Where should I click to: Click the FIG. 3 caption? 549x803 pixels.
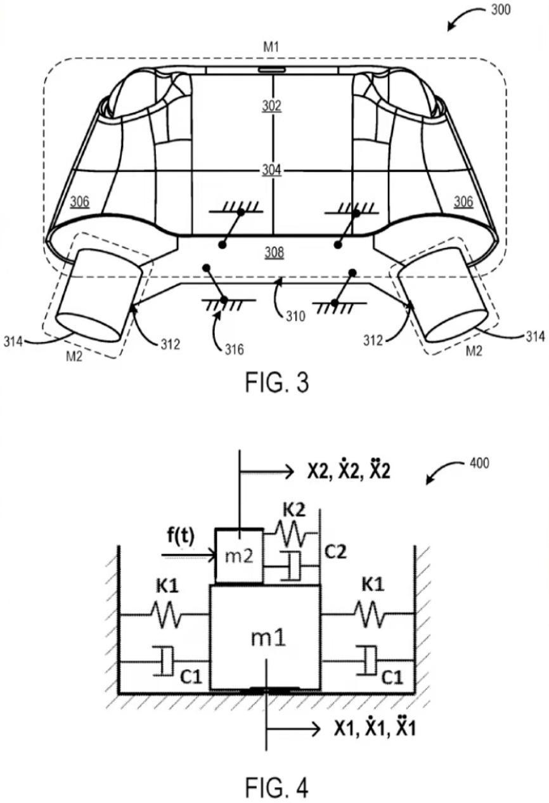[x=276, y=382]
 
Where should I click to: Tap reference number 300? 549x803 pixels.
[x=500, y=10]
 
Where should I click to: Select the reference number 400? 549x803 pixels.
[x=479, y=463]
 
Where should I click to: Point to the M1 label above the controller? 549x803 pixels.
[x=271, y=47]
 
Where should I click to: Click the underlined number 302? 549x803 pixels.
[x=271, y=106]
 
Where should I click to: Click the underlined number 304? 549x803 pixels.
[x=271, y=170]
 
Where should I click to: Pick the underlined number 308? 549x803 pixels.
[x=274, y=252]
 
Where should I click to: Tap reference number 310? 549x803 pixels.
[x=295, y=316]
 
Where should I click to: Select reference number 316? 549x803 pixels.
[x=235, y=349]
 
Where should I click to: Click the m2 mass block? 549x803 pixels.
[x=239, y=556]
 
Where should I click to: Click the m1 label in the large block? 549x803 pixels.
[x=268, y=638]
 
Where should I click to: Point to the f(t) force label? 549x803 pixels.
[x=181, y=537]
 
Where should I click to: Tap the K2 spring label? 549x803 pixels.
[x=294, y=509]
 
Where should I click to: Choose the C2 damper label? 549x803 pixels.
[x=335, y=552]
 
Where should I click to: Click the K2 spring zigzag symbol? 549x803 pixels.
[x=290, y=533]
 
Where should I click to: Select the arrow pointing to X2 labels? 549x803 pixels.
[x=267, y=471]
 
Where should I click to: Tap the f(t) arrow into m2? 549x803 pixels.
[x=188, y=556]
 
